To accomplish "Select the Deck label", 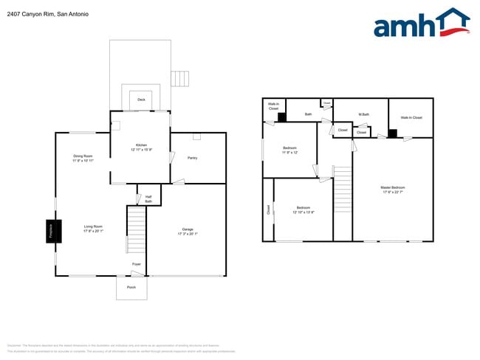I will coord(141,100).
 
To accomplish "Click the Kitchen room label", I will coord(141,145).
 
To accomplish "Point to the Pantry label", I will coord(192,158).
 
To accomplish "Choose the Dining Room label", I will coord(83,156).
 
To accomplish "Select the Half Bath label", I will coord(148,199).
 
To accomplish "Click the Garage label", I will coord(188,229).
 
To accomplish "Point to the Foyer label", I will coord(137,264).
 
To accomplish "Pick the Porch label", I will coord(131,287).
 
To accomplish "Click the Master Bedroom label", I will coord(393,188).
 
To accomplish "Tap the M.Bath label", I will coord(363,114).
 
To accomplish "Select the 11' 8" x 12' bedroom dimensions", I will coord(290,153).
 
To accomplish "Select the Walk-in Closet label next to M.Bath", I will coord(411,117).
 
